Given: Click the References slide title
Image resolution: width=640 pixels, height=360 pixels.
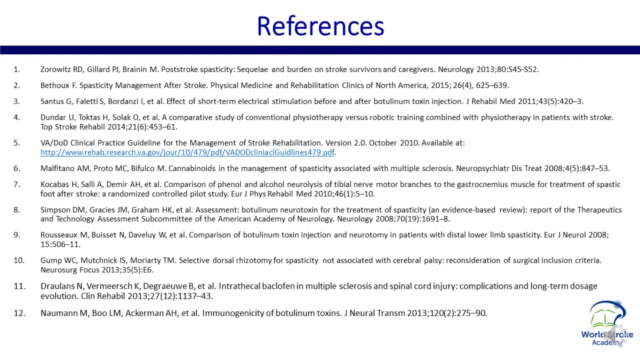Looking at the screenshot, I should (320, 26).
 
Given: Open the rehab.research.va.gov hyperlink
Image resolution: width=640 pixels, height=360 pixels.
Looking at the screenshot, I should (187, 153).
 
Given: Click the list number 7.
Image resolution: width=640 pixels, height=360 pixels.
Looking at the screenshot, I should (17, 184).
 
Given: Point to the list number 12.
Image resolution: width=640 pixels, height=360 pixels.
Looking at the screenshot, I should (19, 313).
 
